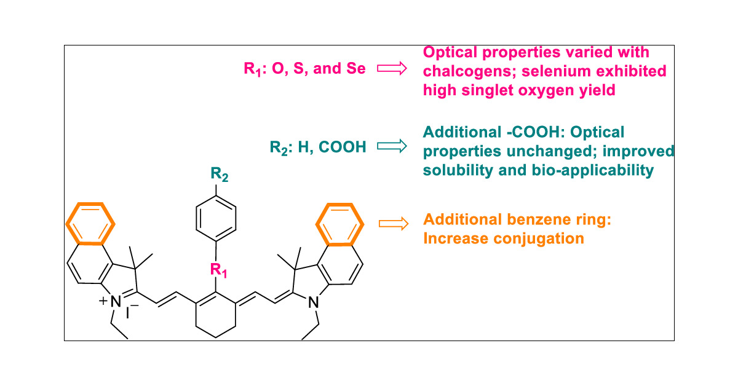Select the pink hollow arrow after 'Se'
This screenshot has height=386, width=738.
tap(391, 69)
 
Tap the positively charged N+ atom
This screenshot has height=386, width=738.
tap(116, 302)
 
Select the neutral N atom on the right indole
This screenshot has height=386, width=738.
tap(314, 302)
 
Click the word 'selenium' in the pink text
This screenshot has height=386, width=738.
tap(557, 71)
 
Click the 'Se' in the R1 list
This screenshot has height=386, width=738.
tap(356, 69)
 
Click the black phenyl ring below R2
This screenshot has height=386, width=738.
tap(215, 218)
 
